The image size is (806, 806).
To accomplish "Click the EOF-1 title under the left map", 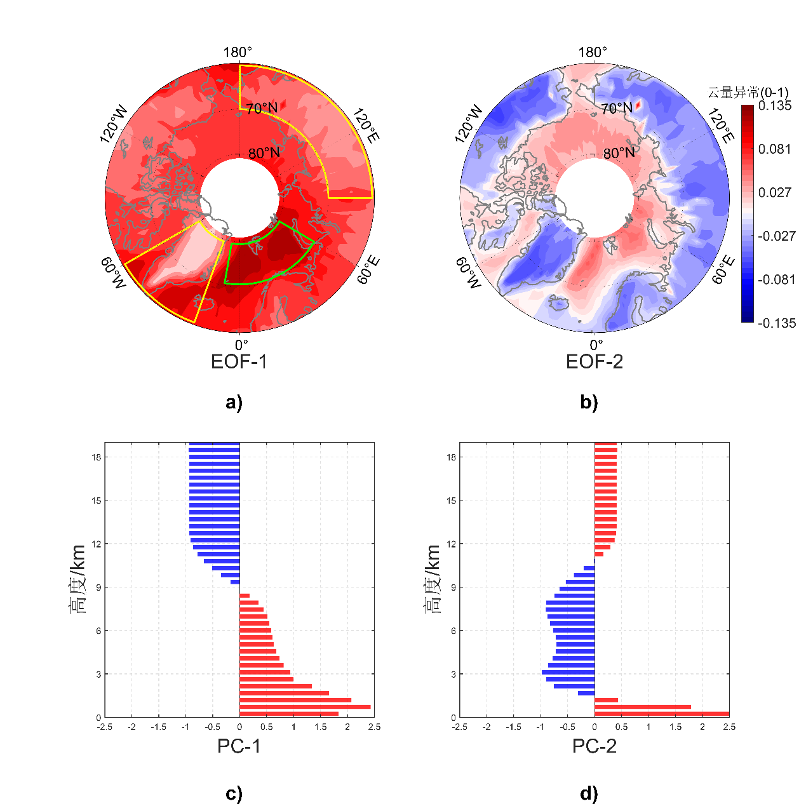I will tap(239, 362).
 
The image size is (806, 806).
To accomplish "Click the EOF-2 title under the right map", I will tap(594, 362).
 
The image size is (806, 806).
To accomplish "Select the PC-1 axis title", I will tap(239, 746).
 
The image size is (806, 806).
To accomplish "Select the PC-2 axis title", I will tap(594, 746).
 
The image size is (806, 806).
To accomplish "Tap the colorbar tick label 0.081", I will tap(775, 149).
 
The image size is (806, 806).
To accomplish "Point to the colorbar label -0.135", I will tap(777, 323).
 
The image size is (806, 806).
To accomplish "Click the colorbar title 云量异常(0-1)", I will tap(748, 93).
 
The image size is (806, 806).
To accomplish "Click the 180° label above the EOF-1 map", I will tap(238, 53).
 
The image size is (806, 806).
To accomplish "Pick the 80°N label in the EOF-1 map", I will tap(264, 153).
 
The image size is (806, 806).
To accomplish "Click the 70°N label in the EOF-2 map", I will tap(617, 109).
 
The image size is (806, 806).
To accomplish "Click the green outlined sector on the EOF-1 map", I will tap(267, 257).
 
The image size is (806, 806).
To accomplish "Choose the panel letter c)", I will tap(234, 793).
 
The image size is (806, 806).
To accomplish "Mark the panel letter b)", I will tap(589, 402).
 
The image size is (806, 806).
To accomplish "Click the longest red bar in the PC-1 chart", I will tap(305, 707).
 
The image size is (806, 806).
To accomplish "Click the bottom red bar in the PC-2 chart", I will tap(661, 714).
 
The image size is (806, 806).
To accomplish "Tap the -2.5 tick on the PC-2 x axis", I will tap(460, 727).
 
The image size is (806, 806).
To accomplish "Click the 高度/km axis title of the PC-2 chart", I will tap(432, 579).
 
